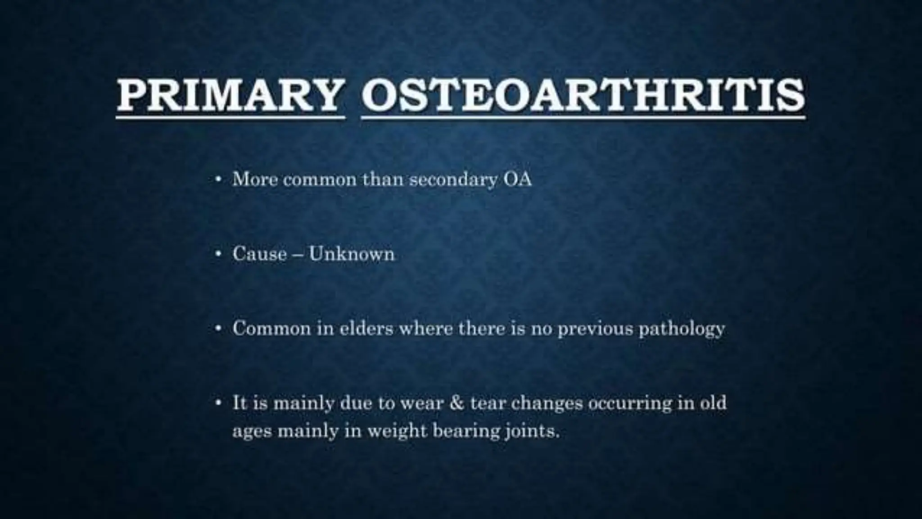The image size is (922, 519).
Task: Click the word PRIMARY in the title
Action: (x=228, y=96)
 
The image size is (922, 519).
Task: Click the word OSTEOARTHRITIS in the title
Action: (x=583, y=96)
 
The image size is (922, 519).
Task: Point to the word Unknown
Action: (x=352, y=254)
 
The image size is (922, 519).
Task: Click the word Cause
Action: (x=259, y=254)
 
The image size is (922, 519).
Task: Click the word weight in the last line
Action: (x=396, y=432)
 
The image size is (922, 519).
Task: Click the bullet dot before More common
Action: (x=218, y=180)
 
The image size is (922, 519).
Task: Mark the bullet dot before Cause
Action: (x=218, y=254)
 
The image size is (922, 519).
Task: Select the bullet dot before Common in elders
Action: (x=218, y=328)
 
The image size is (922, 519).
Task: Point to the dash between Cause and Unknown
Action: (x=298, y=255)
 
